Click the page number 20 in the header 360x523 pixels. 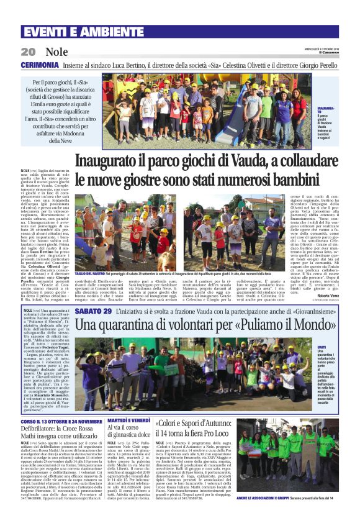point(29,52)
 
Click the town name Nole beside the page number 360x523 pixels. point(57,52)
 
